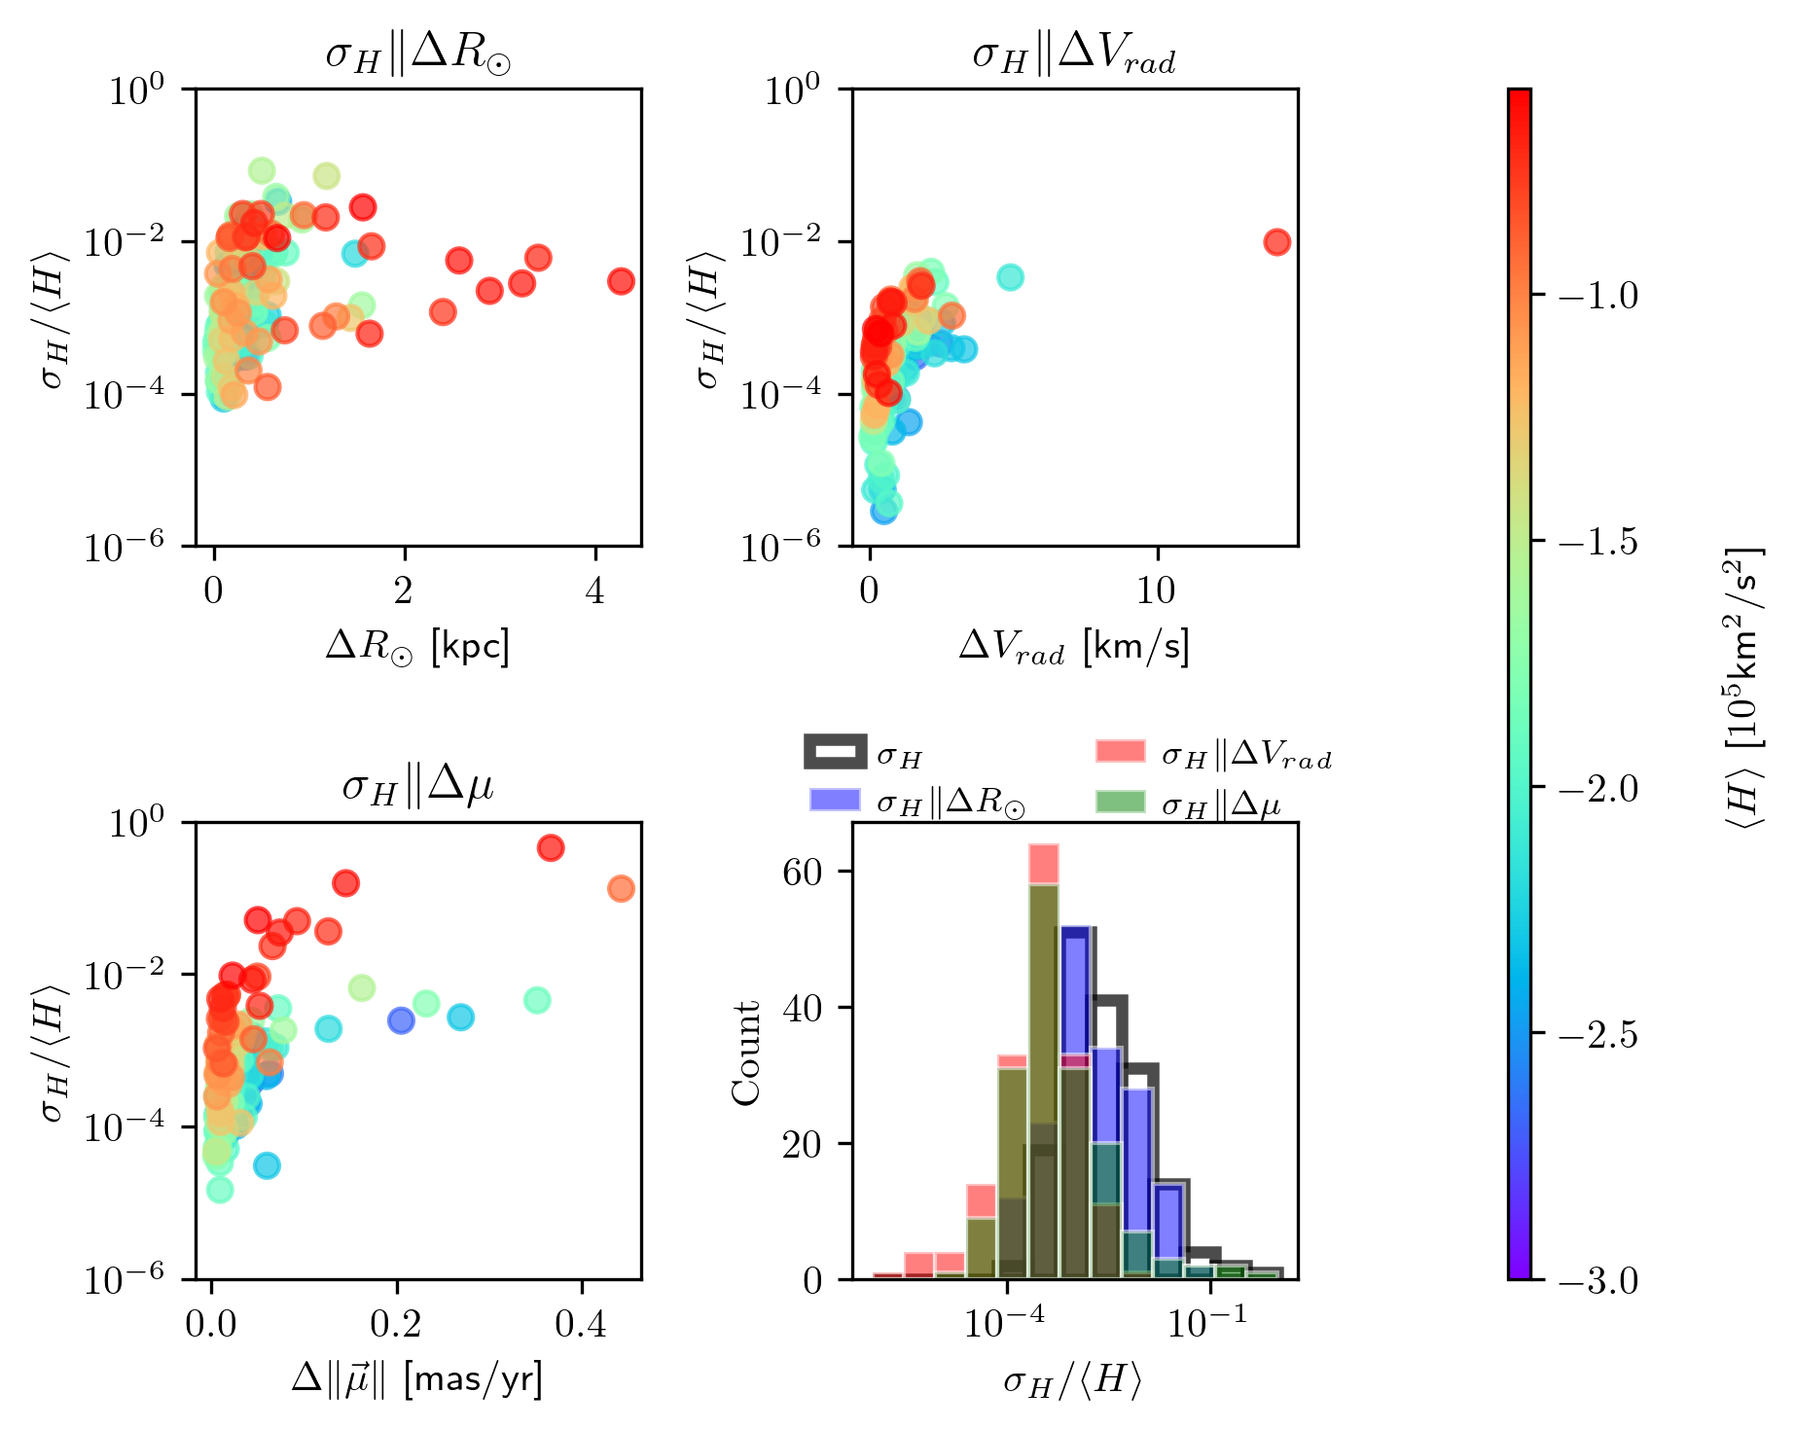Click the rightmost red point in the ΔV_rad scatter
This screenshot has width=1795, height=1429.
[x=1276, y=242]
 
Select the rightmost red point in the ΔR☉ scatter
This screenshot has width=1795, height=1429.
[x=621, y=281]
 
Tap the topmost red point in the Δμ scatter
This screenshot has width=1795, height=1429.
[x=551, y=848]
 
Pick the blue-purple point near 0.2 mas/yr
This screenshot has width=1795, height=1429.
[x=401, y=1020]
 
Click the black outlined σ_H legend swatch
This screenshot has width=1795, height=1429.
[x=835, y=752]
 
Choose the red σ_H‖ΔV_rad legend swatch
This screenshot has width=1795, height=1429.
[x=1120, y=752]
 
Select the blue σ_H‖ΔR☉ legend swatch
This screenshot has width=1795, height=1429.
[x=835, y=800]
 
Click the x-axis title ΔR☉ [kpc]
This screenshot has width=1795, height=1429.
[x=417, y=646]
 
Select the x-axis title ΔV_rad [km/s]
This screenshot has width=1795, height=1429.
[x=1074, y=646]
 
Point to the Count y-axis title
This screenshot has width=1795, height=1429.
[x=746, y=1053]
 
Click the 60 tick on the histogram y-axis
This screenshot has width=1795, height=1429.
[x=804, y=872]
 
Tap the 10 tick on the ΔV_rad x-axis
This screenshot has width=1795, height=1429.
[x=1158, y=590]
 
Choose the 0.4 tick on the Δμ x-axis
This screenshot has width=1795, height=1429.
[x=582, y=1325]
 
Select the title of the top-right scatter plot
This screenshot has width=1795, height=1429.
[x=1074, y=56]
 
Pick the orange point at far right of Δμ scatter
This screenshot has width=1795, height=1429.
[x=621, y=888]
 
